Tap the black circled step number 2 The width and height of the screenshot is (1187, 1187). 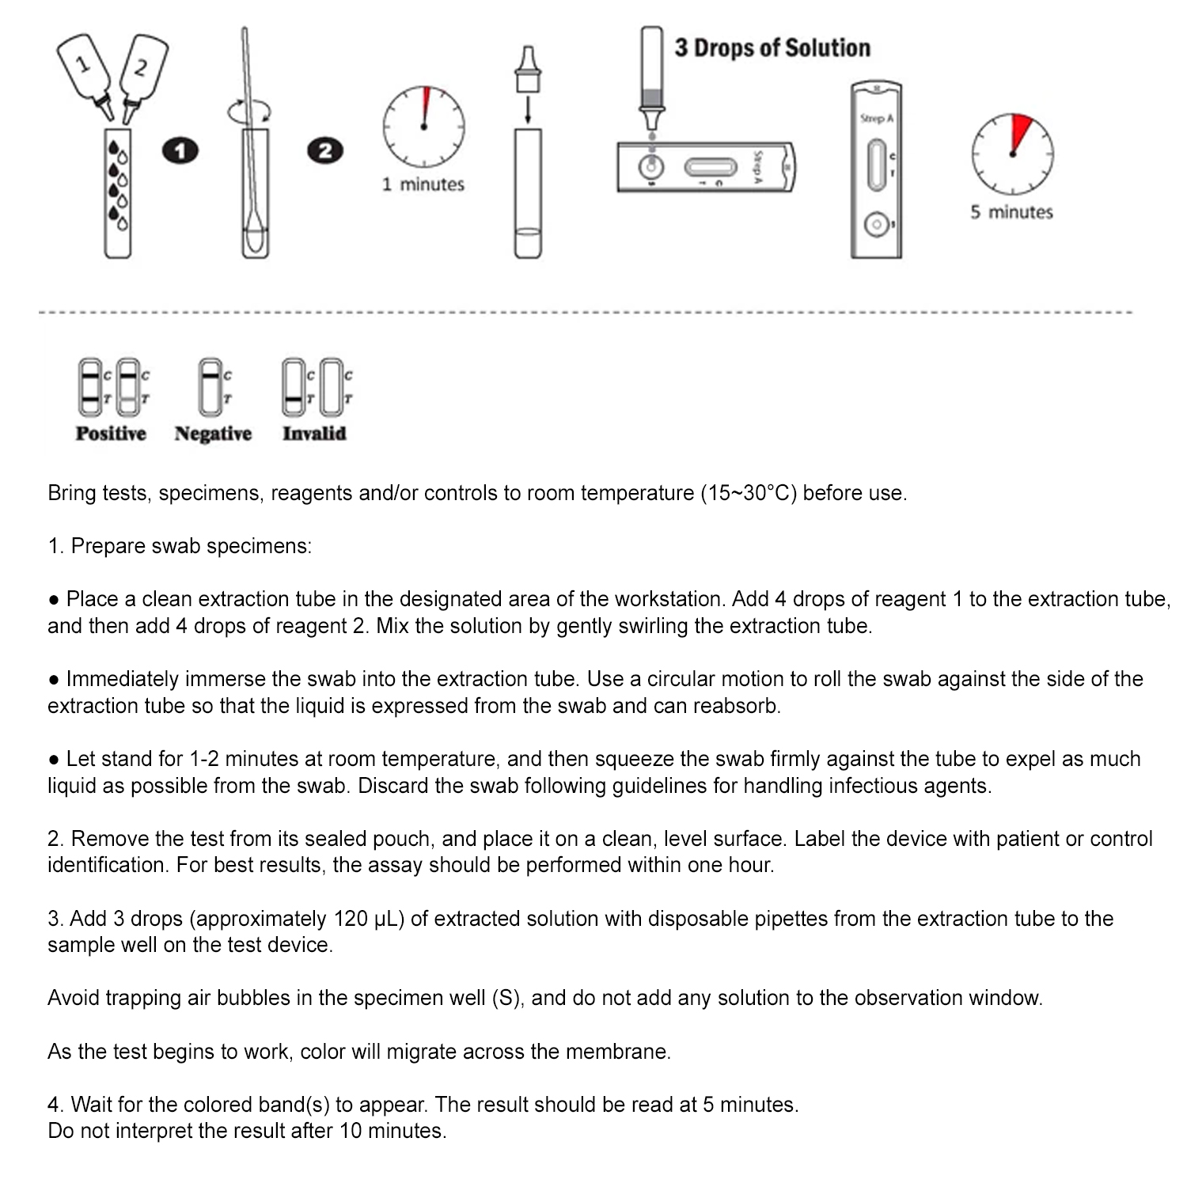324,150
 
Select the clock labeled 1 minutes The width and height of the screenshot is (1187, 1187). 423,127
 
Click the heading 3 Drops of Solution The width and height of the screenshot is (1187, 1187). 772,48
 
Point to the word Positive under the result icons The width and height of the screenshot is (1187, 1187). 111,434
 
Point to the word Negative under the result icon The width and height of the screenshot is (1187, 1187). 213,434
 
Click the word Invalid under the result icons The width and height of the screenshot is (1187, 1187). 314,434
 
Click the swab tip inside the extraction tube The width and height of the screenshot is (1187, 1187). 255,237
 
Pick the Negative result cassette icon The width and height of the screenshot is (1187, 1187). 210,388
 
